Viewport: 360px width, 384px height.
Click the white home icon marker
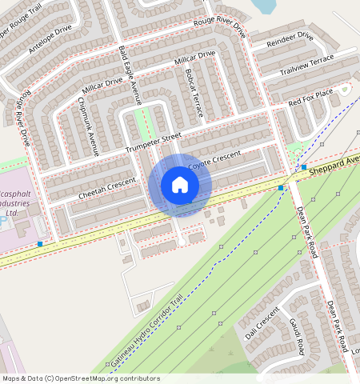click(180, 186)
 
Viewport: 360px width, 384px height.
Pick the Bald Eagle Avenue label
click(129, 75)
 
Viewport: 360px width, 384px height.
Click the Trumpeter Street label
click(154, 142)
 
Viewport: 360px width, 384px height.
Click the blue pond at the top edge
click(264, 6)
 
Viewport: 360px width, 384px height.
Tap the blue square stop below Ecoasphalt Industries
click(40, 243)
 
